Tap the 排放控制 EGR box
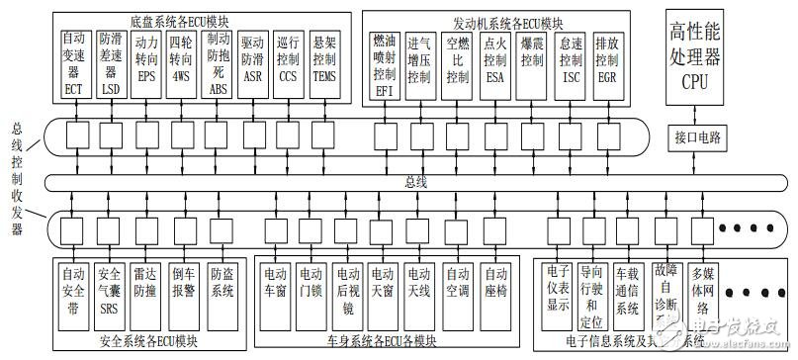[604, 61]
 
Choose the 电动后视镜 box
[347, 290]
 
